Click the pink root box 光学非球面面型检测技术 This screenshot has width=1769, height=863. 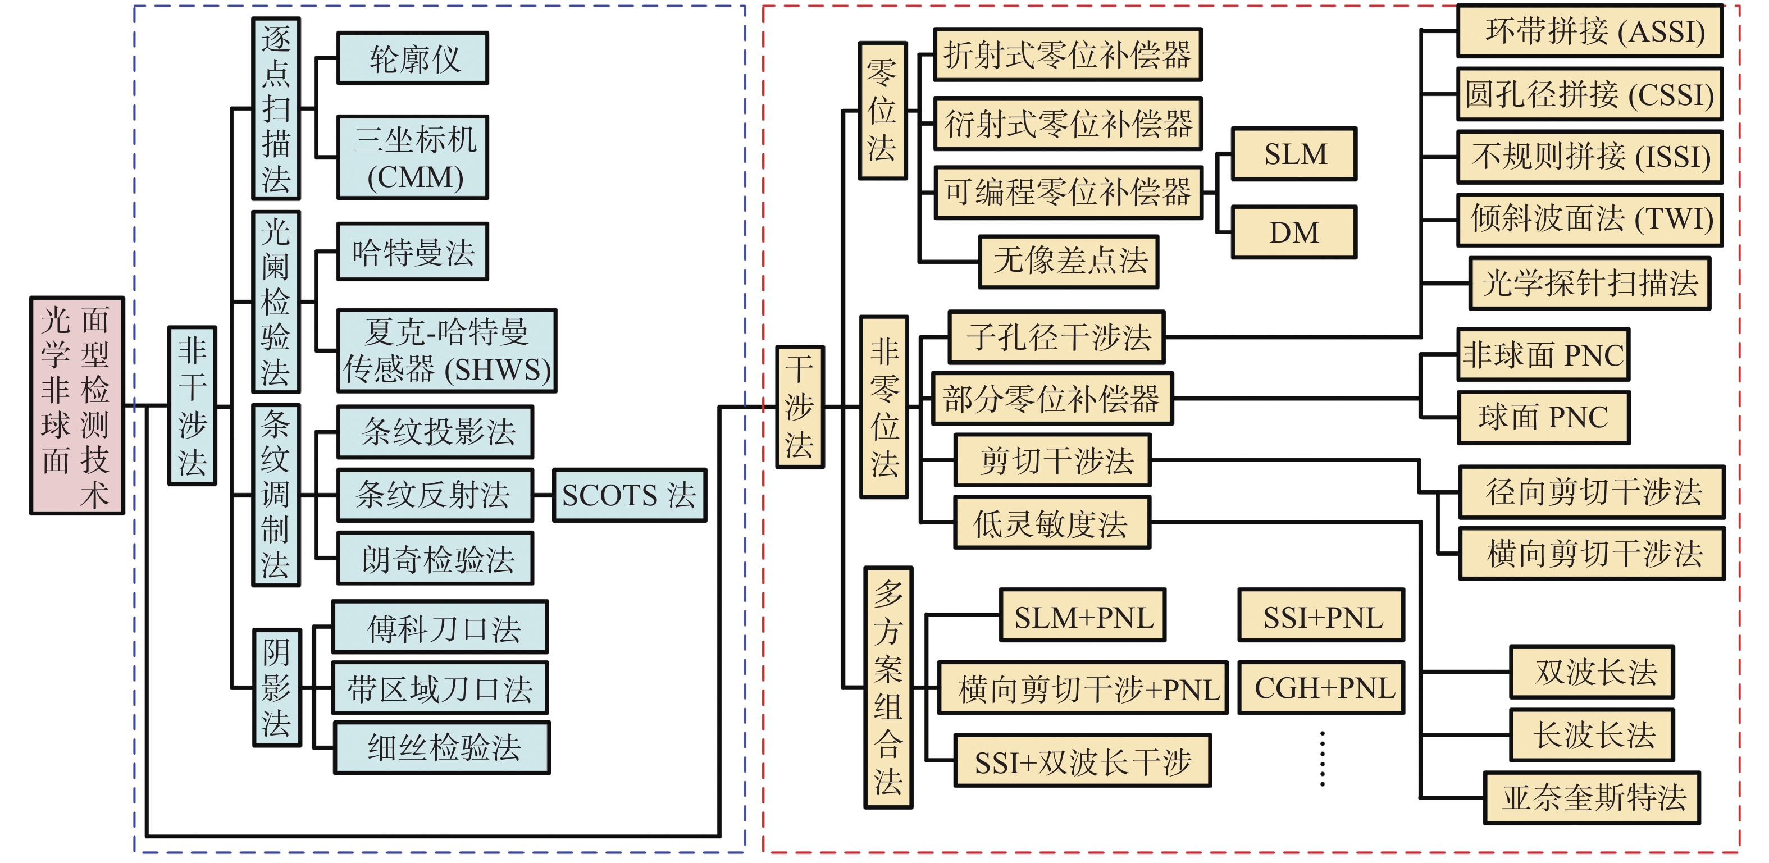tap(77, 405)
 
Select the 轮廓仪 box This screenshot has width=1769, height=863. tap(412, 58)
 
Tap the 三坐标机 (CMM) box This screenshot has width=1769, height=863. tap(412, 157)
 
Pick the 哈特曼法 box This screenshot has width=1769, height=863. tap(412, 252)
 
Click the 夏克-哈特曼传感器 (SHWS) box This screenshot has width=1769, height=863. tap(446, 351)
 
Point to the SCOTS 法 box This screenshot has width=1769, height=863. tap(630, 495)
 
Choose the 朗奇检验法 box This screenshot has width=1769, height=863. tap(435, 558)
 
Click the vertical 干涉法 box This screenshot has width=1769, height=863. tap(800, 407)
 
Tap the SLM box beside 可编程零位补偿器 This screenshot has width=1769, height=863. tap(1294, 154)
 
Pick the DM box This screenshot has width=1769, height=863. tap(1294, 232)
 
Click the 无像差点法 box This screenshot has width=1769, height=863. tap(1069, 262)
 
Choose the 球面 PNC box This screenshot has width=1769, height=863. tap(1544, 417)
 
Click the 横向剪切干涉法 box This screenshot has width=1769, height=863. tap(1593, 554)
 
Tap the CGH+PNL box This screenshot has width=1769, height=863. tap(1322, 687)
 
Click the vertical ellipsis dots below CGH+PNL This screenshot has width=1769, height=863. tap(1323, 759)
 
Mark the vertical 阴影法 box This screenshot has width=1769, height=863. tap(277, 687)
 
